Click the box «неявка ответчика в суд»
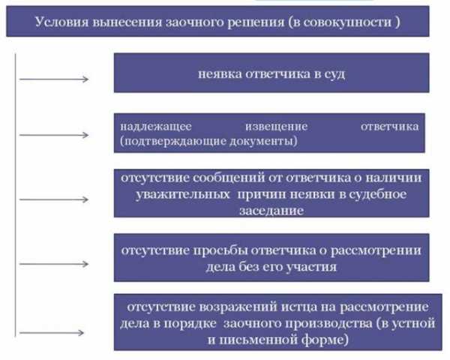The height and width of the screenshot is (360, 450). (271, 73)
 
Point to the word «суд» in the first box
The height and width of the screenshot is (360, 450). (334, 74)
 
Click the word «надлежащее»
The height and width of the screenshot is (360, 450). (156, 126)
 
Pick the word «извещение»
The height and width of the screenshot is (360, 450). (276, 126)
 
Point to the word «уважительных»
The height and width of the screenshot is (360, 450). (183, 194)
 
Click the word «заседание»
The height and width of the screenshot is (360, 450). (271, 211)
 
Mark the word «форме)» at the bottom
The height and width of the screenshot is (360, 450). (325, 340)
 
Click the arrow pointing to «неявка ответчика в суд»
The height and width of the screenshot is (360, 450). (54, 79)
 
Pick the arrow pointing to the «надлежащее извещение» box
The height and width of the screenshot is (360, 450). (54, 135)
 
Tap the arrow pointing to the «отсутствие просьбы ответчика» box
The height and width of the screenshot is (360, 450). (54, 264)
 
